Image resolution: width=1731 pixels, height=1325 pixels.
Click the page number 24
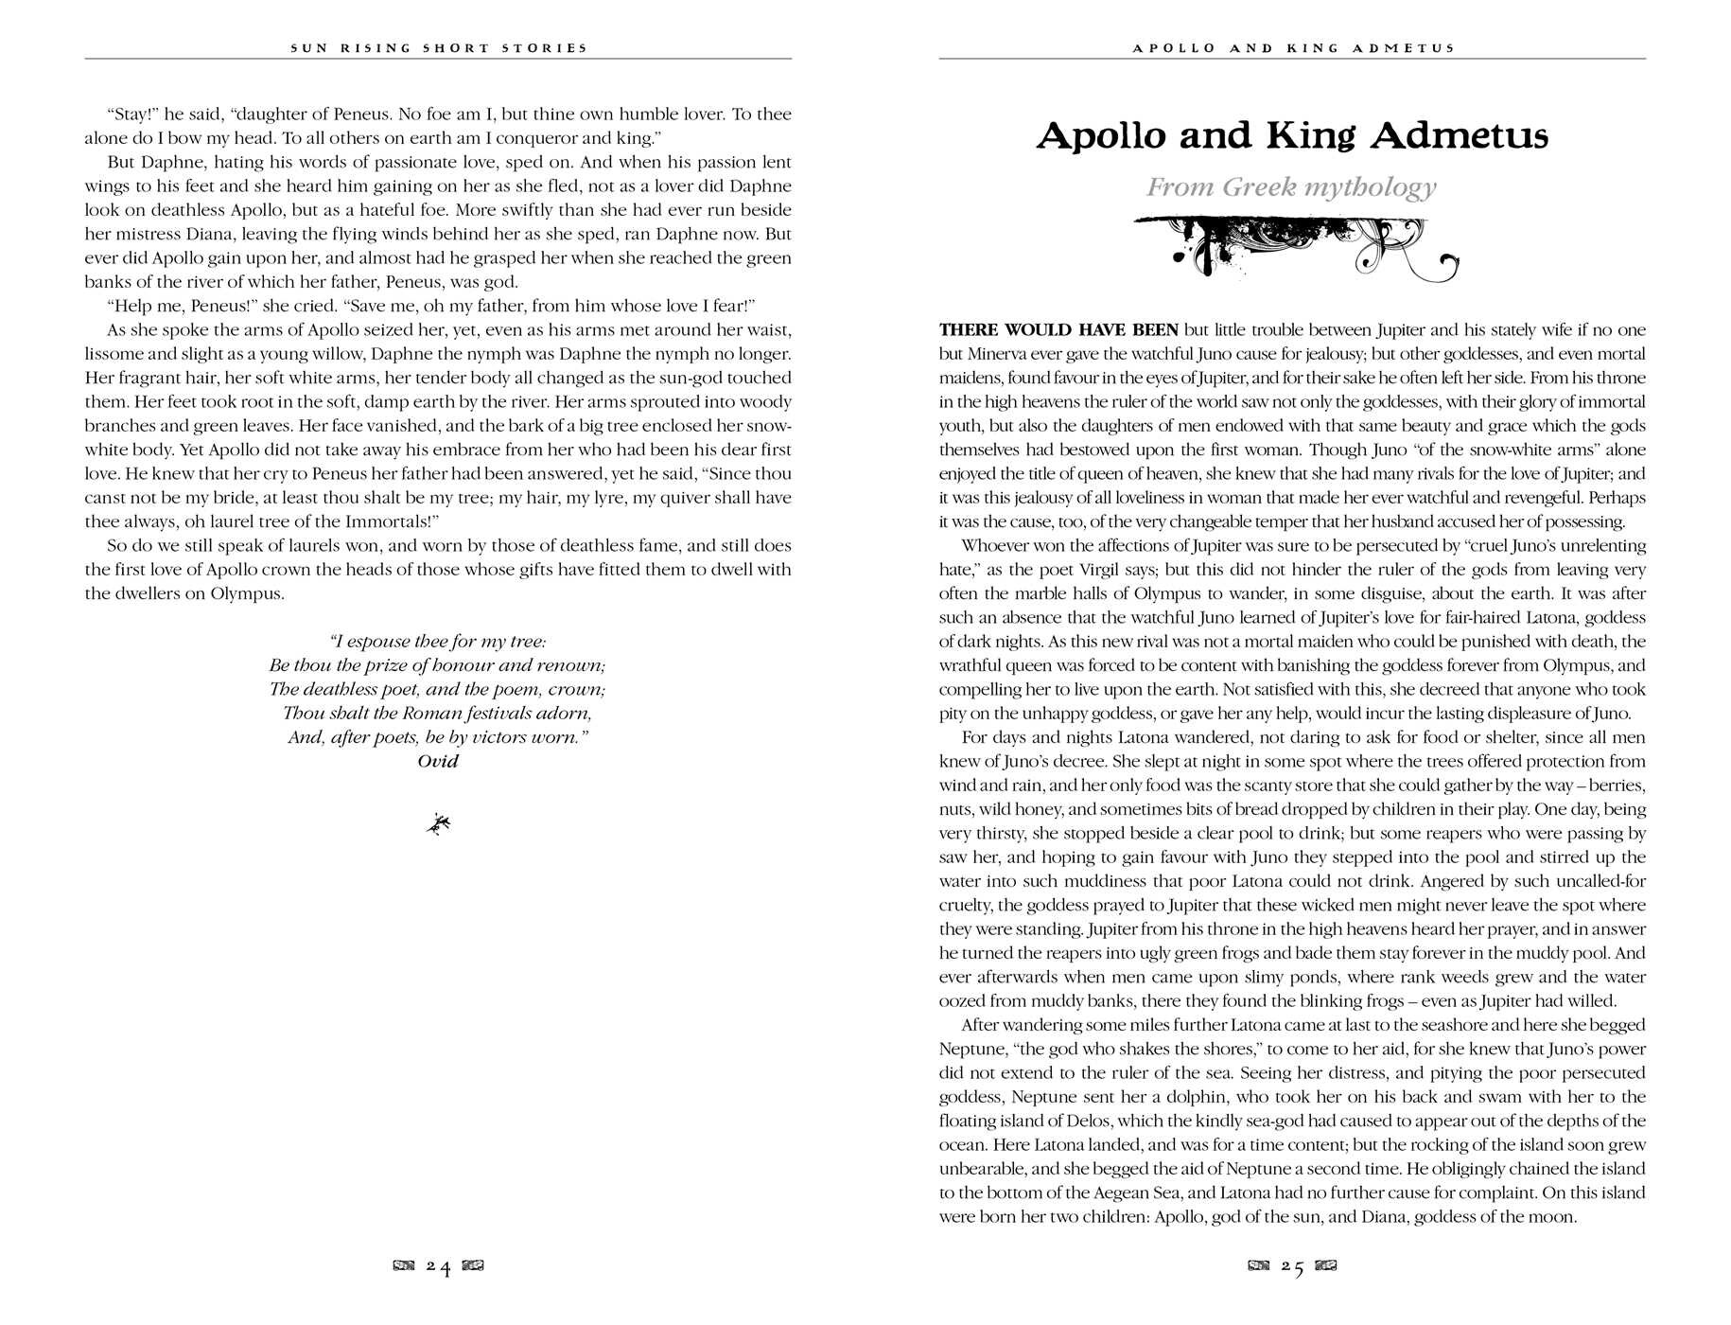point(438,1267)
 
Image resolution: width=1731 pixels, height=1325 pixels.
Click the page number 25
point(1292,1267)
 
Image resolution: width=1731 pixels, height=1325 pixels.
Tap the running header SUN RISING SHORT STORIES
point(439,48)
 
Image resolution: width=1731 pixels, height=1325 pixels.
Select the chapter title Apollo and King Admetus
point(1292,136)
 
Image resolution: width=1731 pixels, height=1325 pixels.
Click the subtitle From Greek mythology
point(1291,187)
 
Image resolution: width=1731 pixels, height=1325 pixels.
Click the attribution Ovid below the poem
point(438,761)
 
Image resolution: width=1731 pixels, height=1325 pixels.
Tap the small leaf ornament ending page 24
point(438,825)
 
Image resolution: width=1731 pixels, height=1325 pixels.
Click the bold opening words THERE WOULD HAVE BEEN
point(1058,330)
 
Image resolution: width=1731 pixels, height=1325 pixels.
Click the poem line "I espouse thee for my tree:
point(438,642)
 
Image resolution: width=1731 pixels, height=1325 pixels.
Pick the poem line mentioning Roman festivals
point(438,714)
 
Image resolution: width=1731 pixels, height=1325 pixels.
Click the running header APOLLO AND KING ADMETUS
point(1293,48)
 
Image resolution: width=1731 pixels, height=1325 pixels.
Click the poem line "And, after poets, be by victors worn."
point(438,737)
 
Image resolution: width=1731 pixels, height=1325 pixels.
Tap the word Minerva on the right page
point(1000,354)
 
